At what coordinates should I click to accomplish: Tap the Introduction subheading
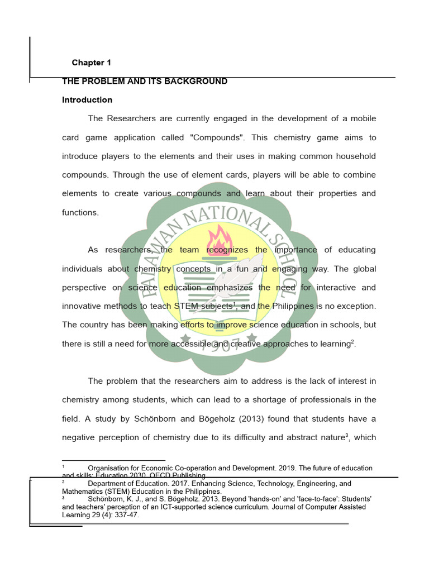click(87, 100)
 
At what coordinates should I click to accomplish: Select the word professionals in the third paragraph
click(323, 401)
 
